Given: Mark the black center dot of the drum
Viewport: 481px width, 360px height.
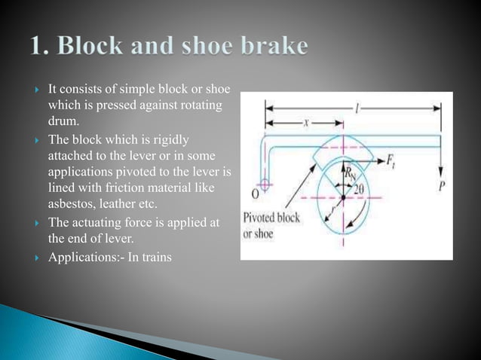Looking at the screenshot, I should [x=342, y=197].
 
